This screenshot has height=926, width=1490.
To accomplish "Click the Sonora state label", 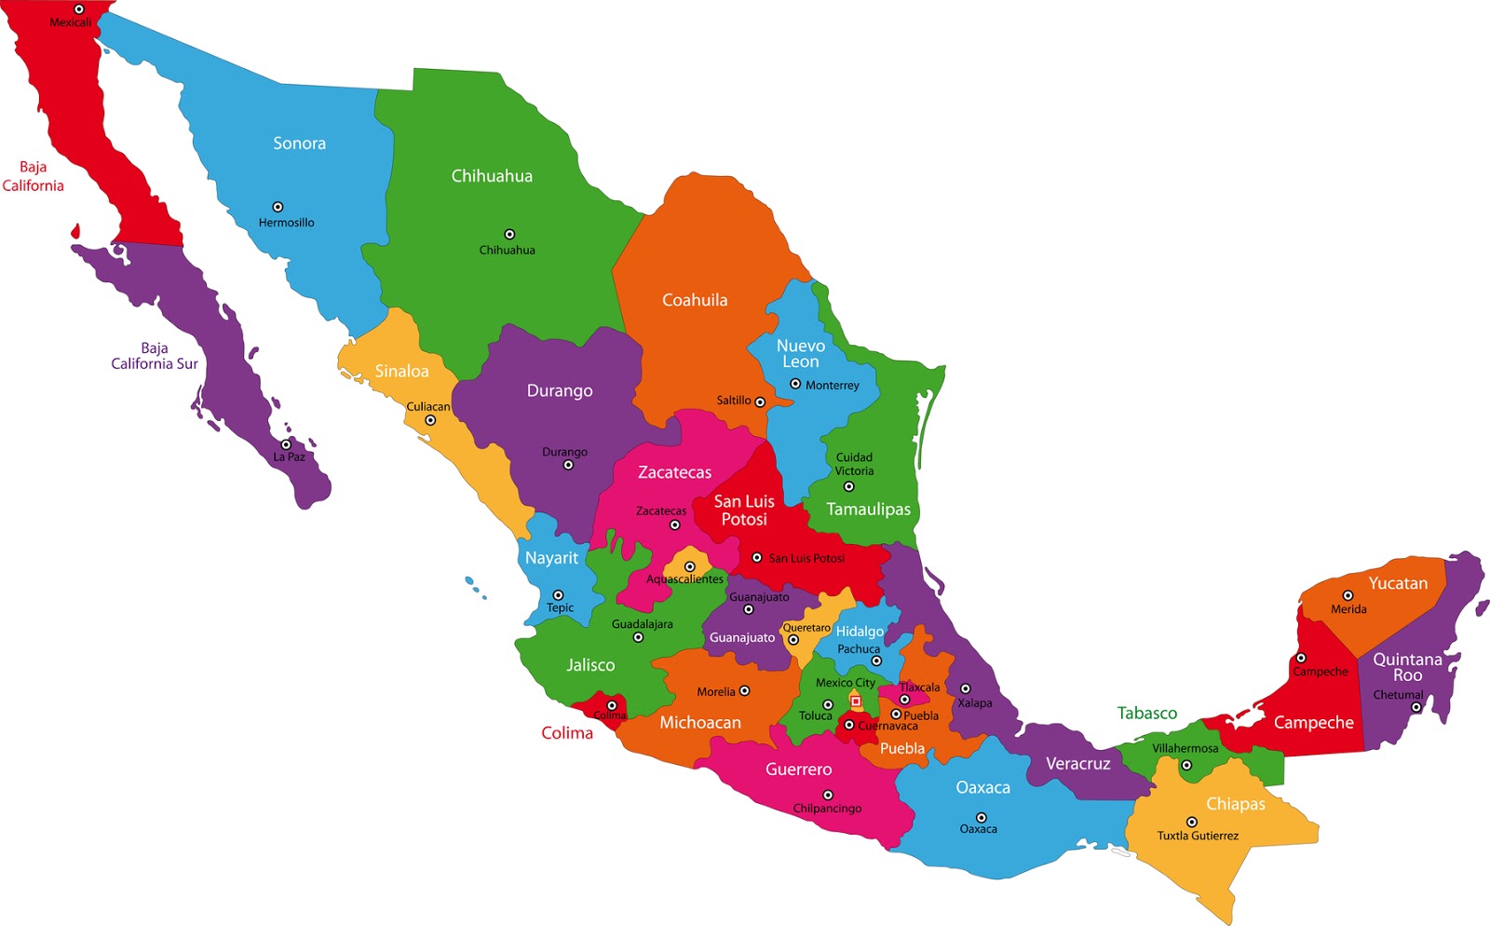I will (299, 143).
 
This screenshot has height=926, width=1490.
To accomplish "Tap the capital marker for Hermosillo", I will (278, 207).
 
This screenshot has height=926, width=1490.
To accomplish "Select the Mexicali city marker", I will (79, 9).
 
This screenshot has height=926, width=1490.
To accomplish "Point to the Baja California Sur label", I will (155, 356).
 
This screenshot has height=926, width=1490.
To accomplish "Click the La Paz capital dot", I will (286, 444).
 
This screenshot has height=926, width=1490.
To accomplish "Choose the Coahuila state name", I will (695, 300).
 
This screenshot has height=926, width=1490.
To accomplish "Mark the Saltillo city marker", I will (760, 402).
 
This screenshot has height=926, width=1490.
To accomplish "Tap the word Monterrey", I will (833, 386).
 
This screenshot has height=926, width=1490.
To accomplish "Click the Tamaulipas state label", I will (869, 510).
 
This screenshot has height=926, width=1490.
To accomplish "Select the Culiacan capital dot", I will (430, 420).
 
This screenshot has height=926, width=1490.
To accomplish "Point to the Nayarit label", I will (551, 558).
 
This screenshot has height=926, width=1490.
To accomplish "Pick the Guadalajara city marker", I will (638, 638).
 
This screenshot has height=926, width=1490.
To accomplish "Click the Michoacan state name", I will (700, 723).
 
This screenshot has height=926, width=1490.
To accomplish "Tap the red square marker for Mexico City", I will (856, 701).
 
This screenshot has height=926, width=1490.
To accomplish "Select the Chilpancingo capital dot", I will (827, 795).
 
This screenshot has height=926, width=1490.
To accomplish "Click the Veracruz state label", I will (1077, 764).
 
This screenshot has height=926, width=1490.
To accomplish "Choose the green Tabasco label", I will (1147, 714).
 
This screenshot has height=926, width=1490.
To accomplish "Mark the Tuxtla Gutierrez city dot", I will (1191, 822).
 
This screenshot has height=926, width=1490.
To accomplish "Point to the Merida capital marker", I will (1348, 595).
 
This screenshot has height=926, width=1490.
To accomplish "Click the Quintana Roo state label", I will (1407, 667).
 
